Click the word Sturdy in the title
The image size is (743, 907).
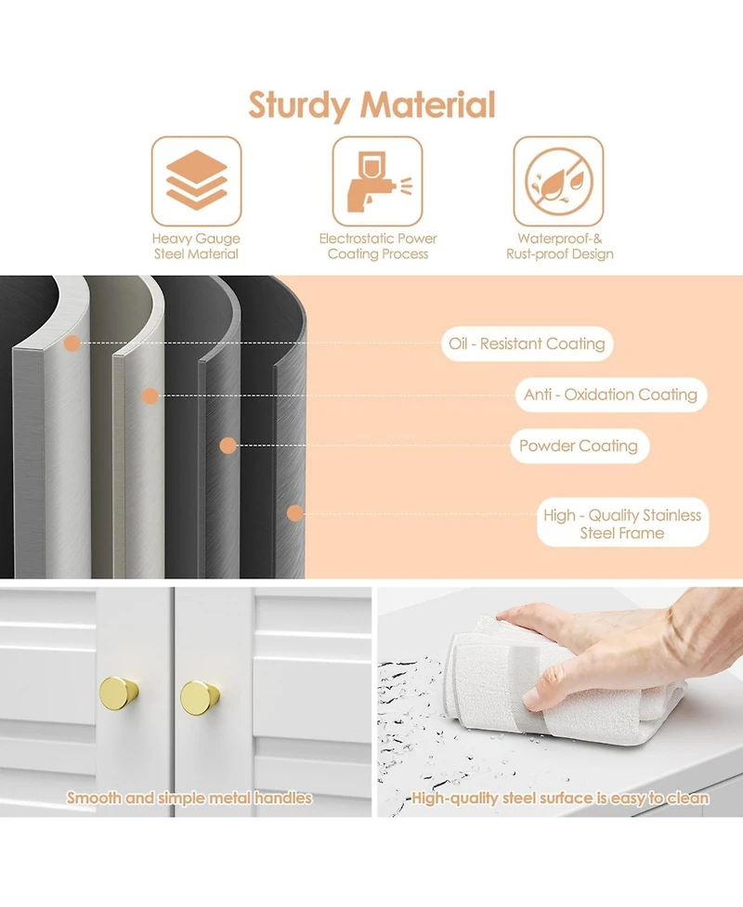click(299, 105)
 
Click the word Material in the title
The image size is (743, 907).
click(428, 104)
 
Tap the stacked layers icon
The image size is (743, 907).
click(196, 181)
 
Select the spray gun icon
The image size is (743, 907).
click(377, 181)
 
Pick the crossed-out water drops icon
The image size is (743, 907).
click(558, 181)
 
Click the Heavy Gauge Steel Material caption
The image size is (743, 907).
click(196, 246)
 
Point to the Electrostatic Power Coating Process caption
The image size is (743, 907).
click(378, 246)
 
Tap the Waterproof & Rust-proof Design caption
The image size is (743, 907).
click(559, 246)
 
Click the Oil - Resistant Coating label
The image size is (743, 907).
click(527, 343)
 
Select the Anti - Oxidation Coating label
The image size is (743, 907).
click(611, 395)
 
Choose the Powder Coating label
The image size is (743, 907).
click(579, 446)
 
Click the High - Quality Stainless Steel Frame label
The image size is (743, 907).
click(622, 523)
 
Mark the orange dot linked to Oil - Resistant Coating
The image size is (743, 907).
click(72, 343)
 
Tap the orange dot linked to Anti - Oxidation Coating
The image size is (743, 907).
click(150, 395)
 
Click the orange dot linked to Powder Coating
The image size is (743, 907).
click(228, 446)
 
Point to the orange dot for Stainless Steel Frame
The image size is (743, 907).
click(295, 513)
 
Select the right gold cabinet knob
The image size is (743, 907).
click(199, 697)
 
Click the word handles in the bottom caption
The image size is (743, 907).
click(283, 798)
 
